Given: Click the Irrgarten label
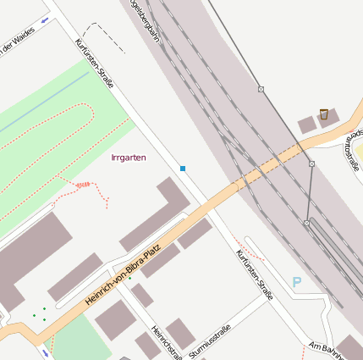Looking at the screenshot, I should click(x=129, y=158).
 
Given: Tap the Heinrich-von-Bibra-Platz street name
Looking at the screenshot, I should click(x=123, y=275).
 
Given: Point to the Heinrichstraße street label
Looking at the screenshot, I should click(x=166, y=341).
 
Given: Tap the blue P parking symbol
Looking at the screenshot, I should click(x=296, y=281).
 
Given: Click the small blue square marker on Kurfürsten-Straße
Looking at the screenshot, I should click(x=183, y=169).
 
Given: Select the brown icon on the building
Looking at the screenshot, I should click(x=323, y=114).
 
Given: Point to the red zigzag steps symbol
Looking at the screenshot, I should click(x=84, y=184).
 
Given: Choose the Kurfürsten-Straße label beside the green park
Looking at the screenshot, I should click(x=94, y=63).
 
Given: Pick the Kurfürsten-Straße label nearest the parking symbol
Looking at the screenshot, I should click(x=254, y=275).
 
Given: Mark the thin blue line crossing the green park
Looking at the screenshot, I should click(x=42, y=107).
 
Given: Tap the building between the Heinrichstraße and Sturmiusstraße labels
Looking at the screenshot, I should click(x=180, y=333).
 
